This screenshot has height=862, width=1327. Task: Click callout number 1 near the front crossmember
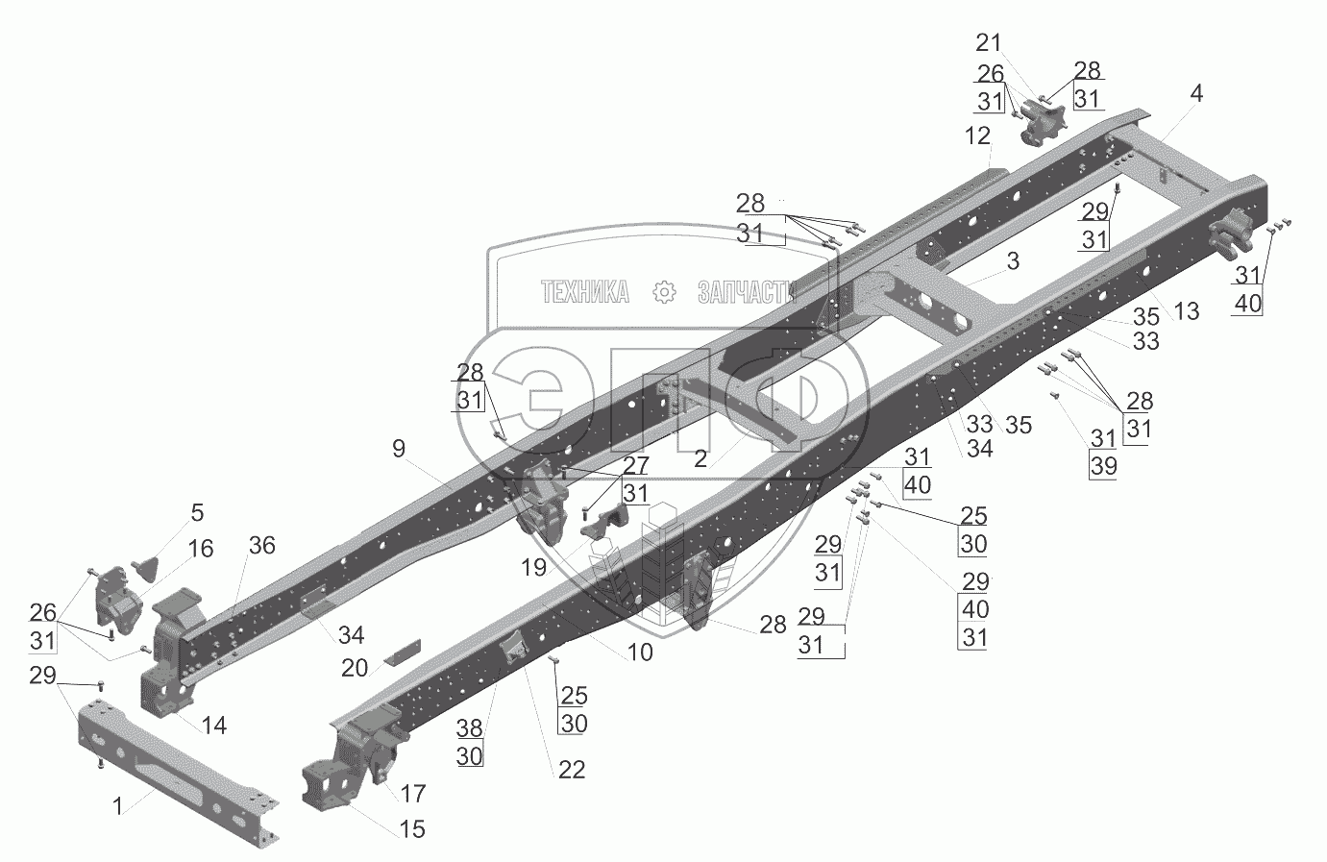click(118, 807)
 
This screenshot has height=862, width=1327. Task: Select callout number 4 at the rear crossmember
click(1195, 94)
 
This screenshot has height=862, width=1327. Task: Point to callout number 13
click(1187, 310)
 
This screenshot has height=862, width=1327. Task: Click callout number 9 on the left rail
click(399, 448)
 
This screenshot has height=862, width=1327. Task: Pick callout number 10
click(640, 653)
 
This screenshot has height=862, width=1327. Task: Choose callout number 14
click(214, 726)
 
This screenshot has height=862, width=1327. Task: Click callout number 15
click(411, 828)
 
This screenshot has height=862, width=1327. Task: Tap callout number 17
click(413, 795)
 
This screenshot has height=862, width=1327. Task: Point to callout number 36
click(261, 546)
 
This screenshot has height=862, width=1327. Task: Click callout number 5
click(196, 512)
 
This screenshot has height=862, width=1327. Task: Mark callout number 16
click(201, 549)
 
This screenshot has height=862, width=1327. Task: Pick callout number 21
click(988, 42)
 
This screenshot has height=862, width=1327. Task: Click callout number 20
click(356, 667)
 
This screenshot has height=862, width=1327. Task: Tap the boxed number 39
click(1104, 466)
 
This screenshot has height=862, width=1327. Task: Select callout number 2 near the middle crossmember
click(700, 459)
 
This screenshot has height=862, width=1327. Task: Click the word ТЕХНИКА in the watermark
click(585, 292)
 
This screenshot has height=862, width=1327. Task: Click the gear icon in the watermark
click(664, 292)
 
